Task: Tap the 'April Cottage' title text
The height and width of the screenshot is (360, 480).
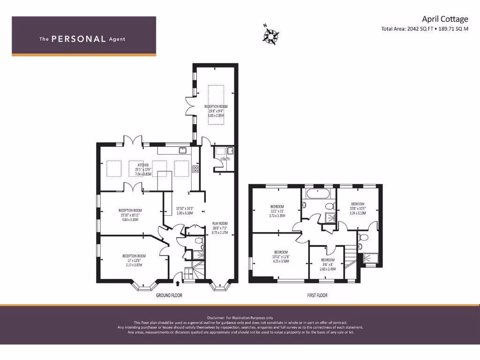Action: [x=444, y=19]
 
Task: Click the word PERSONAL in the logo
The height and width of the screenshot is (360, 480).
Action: [x=78, y=39]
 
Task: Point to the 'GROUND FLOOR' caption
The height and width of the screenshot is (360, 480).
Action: [x=169, y=295]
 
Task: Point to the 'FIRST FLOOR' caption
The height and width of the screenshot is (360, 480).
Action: [x=317, y=295]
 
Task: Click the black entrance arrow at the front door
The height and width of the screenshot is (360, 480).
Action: [x=177, y=282]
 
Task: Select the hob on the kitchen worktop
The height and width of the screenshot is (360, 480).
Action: [x=195, y=169]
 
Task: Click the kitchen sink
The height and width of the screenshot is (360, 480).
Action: [x=182, y=150]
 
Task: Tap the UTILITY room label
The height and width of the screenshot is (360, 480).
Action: [x=225, y=159]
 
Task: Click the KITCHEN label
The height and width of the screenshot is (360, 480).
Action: [x=143, y=165]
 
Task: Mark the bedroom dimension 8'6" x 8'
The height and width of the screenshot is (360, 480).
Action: [x=328, y=264]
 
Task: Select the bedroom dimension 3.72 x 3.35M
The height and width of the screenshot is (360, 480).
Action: [x=277, y=216]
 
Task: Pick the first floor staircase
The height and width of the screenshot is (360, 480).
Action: [x=350, y=255]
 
